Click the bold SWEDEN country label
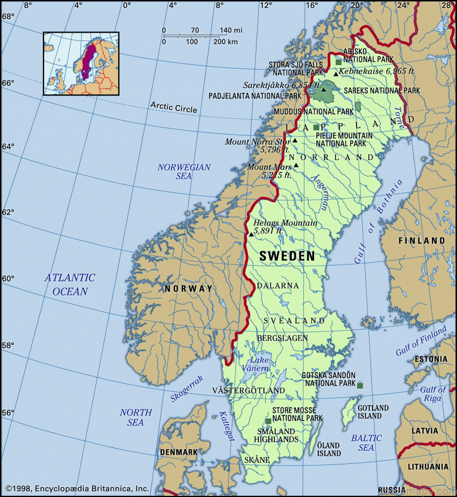point(287,256)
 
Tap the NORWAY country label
point(188,288)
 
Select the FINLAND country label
point(422,241)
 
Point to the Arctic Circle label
point(174,107)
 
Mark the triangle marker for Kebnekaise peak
point(336,73)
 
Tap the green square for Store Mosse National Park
point(268,421)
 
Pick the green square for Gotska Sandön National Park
point(360,386)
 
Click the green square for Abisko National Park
point(339,62)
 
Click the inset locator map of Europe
point(81,63)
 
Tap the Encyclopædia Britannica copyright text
point(77,488)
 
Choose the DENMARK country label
point(178,452)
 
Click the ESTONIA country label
point(431,359)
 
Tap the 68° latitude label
point(7,17)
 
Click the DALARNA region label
point(278,285)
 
